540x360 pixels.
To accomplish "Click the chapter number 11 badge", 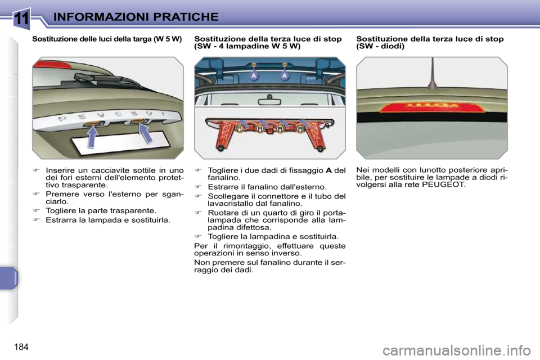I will pos(22,18).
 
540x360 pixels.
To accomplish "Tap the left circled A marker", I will pos(254,76).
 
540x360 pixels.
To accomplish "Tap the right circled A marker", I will pos(285,76).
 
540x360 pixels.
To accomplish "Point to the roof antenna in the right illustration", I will pos(432,77).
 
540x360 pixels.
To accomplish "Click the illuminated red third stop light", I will pos(431,107).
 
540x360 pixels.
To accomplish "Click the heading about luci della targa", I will pos(107,39).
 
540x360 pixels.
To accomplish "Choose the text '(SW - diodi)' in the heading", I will pos(380,47).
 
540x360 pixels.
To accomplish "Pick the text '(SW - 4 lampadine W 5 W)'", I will pos(247,47).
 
